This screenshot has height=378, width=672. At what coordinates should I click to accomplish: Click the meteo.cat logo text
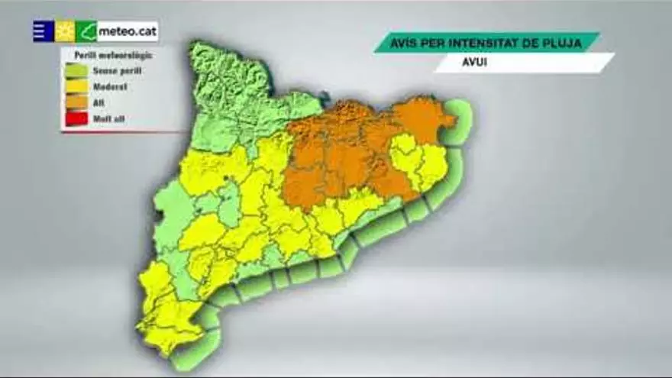[127, 31]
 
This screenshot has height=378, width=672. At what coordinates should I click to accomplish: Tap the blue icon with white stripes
[43, 31]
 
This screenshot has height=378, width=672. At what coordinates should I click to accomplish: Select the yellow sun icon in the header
[65, 31]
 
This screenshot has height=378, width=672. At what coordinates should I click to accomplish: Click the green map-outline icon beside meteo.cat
[86, 31]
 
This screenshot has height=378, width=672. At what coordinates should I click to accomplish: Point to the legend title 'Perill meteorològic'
[113, 55]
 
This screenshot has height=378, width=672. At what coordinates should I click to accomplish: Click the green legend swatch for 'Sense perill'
[77, 71]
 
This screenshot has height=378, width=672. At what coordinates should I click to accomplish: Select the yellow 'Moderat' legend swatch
[77, 87]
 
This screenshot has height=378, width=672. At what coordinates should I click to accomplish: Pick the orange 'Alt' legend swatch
[77, 103]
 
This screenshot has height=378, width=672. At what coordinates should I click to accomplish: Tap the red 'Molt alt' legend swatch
[77, 119]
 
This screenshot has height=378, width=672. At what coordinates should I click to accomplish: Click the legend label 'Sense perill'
[117, 71]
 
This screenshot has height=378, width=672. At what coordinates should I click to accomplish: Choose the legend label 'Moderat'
[111, 87]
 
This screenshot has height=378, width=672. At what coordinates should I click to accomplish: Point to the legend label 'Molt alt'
[108, 119]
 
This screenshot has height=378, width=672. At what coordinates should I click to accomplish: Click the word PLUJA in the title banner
[564, 43]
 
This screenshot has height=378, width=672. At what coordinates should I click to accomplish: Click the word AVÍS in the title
[405, 43]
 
